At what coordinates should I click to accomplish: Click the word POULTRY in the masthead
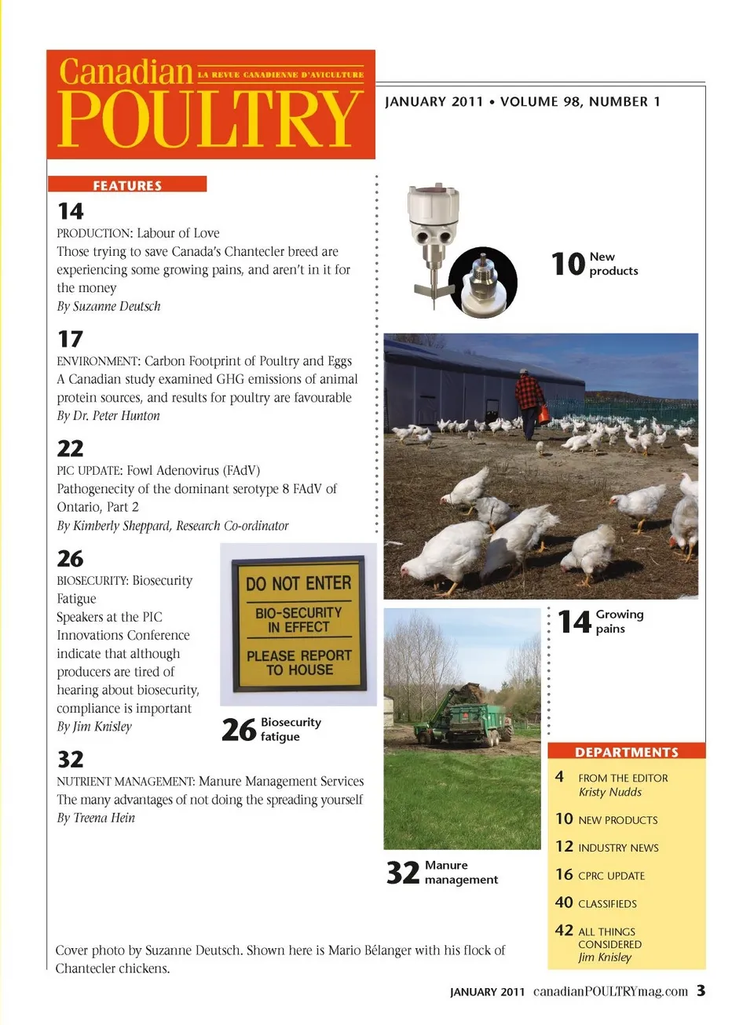[209, 119]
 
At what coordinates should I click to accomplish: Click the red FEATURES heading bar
[127, 185]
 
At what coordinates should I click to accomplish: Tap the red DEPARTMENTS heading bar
[626, 752]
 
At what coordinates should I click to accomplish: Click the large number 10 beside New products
[568, 264]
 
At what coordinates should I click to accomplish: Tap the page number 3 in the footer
[701, 990]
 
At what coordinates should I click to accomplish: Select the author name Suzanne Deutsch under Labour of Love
[116, 306]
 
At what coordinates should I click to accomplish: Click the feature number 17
[70, 339]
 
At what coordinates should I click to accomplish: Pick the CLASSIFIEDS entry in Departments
[607, 904]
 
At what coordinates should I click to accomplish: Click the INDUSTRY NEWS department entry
[618, 848]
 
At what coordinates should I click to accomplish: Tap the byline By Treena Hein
[96, 818]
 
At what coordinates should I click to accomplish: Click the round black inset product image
[483, 281]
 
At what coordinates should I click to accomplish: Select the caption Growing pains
[619, 621]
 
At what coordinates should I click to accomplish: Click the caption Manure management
[461, 872]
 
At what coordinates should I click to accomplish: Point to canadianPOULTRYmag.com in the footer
[610, 991]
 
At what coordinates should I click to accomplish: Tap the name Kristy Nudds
[610, 792]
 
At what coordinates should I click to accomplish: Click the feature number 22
[70, 448]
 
